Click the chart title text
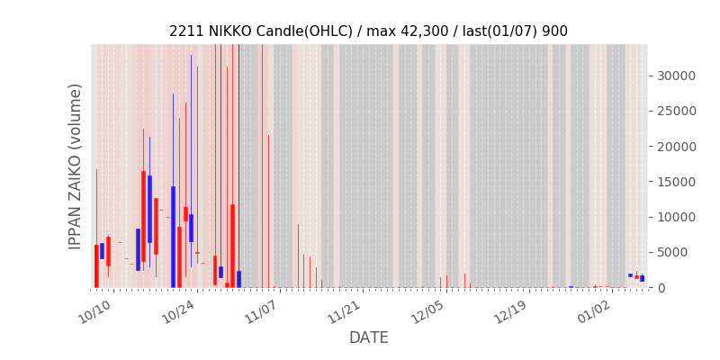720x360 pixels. coord(368,31)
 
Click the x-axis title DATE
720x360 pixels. coord(368,337)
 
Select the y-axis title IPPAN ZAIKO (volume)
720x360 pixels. coord(76,166)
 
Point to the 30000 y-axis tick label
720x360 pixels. coord(676,76)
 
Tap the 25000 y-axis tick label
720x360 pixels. coord(676,111)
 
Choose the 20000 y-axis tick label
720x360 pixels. coord(676,146)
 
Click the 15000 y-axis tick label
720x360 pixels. coord(676,182)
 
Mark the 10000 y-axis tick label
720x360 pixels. coord(676,217)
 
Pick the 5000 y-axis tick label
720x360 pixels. coord(679,252)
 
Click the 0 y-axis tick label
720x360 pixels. coord(661,288)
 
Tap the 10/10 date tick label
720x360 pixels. coord(94,311)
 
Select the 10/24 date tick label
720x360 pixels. coord(177,311)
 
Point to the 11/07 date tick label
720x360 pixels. coord(261,311)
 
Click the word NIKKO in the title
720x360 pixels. coord(231,31)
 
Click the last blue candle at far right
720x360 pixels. coord(642,278)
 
